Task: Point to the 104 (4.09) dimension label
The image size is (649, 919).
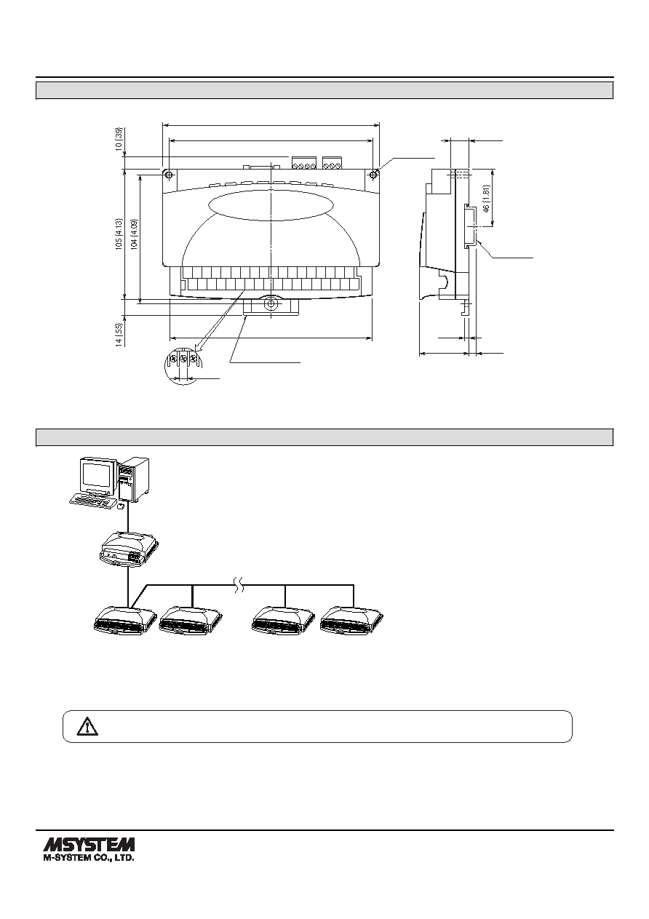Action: [x=135, y=235]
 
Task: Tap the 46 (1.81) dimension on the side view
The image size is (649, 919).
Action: [x=487, y=199]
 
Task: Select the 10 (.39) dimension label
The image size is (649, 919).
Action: [x=119, y=139]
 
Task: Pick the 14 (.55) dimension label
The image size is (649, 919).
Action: [x=119, y=335]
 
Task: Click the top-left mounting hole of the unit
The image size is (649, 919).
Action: [x=169, y=175]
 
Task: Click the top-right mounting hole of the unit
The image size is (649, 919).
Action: [x=373, y=175]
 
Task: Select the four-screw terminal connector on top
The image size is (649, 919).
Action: [x=304, y=163]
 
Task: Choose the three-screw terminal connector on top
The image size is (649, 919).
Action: [x=332, y=163]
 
